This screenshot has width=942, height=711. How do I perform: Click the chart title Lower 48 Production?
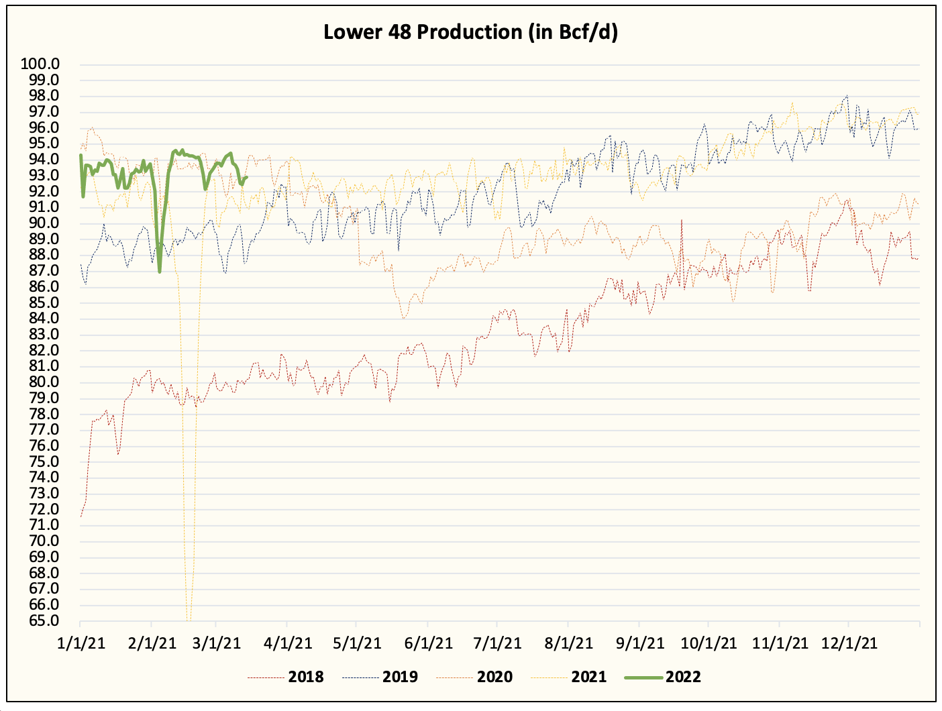click(470, 32)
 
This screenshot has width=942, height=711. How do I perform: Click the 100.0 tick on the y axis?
click(40, 64)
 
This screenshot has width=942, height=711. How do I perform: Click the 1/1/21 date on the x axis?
click(81, 643)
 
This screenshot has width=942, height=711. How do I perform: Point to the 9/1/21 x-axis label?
click(639, 643)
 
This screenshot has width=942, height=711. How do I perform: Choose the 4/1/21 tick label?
click(288, 643)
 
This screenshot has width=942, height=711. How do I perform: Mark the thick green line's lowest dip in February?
click(160, 272)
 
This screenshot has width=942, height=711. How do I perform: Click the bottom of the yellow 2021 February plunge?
click(189, 618)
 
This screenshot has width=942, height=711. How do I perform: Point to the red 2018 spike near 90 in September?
click(682, 220)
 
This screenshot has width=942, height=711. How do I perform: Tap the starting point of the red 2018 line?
click(81, 516)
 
